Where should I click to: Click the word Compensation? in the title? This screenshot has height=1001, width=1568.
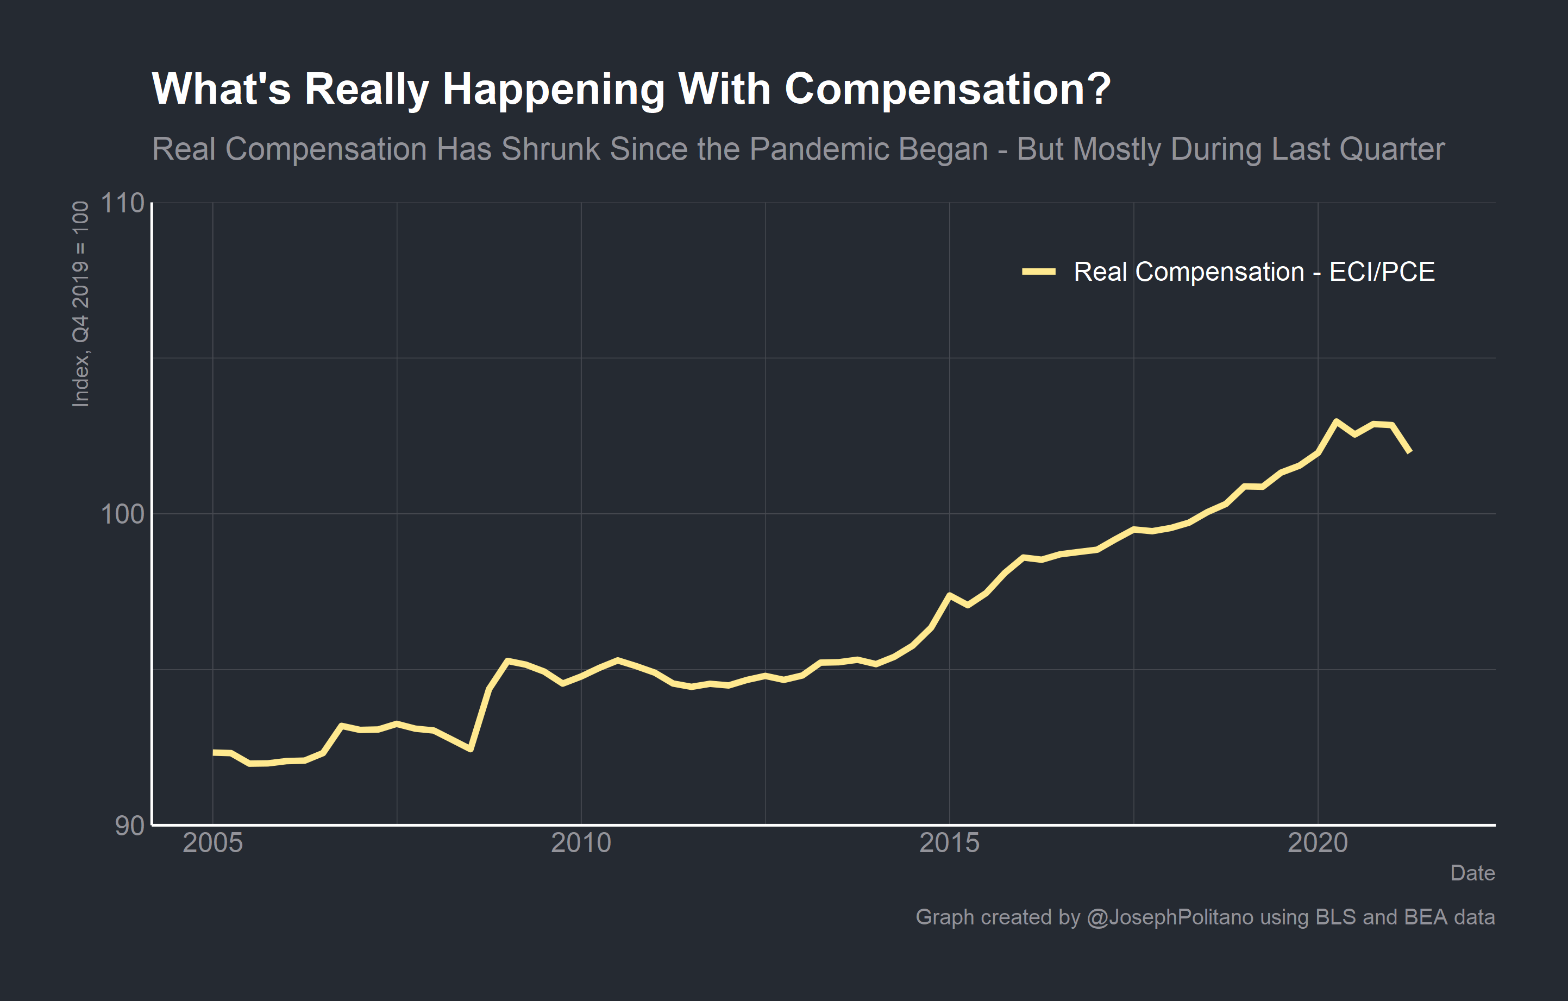click(947, 89)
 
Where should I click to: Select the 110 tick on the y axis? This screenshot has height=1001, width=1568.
click(122, 203)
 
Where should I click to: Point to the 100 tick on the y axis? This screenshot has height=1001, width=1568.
click(122, 514)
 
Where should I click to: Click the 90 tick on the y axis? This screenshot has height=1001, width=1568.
click(130, 825)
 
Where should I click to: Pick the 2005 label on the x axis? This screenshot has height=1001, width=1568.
click(212, 843)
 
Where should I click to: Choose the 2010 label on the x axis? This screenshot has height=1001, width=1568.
click(581, 843)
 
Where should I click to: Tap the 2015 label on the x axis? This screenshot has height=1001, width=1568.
click(949, 843)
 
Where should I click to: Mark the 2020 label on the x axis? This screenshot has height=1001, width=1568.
click(1318, 843)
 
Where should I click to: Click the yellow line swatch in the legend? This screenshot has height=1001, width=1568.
click(1039, 272)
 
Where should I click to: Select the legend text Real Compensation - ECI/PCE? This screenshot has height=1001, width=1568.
click(1253, 272)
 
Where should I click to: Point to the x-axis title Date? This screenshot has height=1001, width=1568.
click(1472, 873)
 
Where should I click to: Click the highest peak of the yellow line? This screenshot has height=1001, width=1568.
click(1335, 421)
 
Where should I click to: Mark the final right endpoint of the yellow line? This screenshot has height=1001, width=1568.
click(1410, 451)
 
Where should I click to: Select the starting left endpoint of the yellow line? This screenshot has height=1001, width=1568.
click(214, 752)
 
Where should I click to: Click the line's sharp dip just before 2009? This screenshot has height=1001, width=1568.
click(470, 749)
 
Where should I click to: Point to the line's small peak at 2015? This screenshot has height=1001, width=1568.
click(949, 595)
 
